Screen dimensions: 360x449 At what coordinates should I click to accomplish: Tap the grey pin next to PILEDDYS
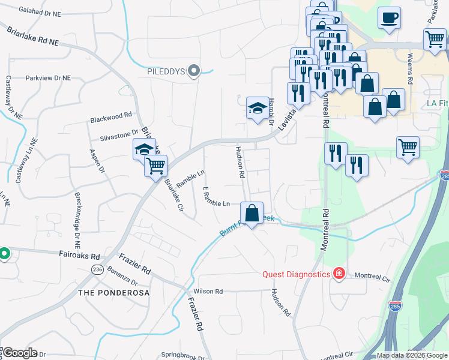193,71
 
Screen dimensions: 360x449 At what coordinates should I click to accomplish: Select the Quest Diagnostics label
297,274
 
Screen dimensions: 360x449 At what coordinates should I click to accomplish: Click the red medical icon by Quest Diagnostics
339,274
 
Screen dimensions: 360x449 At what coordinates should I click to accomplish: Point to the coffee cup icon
389,17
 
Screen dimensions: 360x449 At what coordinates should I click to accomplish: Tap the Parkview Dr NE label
48,78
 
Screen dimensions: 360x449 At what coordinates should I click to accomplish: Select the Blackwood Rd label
111,116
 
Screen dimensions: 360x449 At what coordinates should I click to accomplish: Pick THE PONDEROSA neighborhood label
113,293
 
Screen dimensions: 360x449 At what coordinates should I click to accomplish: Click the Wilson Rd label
208,292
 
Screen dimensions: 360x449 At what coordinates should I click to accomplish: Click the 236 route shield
97,270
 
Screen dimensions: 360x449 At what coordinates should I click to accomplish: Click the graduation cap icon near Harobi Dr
258,108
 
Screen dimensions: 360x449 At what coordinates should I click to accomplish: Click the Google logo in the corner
19,353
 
